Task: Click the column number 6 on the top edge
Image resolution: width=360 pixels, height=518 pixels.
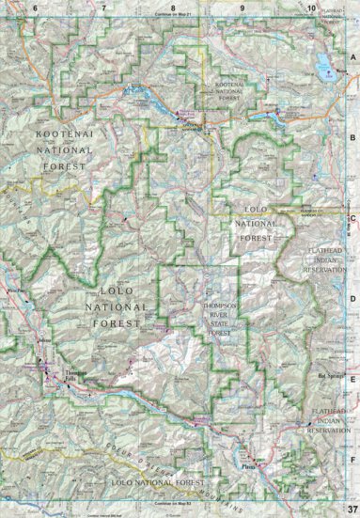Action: click(35, 8)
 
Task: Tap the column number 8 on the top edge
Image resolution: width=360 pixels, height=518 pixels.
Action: click(172, 8)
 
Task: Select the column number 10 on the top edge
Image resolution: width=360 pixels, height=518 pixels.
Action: click(311, 8)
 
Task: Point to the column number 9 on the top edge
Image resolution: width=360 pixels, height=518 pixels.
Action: click(243, 8)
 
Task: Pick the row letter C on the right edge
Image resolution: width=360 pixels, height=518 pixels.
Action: click(353, 220)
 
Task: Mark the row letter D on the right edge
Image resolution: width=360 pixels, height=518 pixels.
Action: click(353, 302)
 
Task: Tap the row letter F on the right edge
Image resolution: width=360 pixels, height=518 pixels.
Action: click(353, 461)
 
